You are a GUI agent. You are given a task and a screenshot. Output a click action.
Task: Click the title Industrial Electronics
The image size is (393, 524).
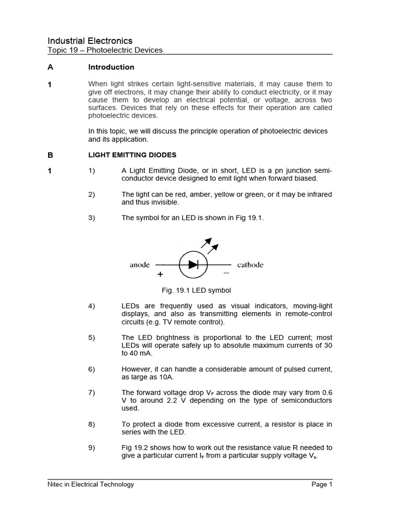(90, 40)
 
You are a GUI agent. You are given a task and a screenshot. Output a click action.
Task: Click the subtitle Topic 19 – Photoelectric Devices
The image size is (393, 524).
(105, 50)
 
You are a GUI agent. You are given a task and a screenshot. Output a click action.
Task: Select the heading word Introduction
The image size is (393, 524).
(111, 67)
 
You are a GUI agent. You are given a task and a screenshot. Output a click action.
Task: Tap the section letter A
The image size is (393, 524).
(50, 67)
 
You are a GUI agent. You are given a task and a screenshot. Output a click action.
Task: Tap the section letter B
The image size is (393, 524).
(50, 155)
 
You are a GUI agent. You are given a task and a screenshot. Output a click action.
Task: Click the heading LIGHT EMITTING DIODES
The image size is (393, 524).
(133, 155)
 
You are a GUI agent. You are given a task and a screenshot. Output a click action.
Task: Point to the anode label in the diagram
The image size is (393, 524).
(140, 265)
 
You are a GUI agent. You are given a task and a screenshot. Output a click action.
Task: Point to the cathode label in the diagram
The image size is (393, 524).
(250, 265)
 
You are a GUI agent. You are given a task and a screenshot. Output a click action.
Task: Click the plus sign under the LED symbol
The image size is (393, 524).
(160, 274)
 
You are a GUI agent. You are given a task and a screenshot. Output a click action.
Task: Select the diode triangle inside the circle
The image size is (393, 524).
(192, 265)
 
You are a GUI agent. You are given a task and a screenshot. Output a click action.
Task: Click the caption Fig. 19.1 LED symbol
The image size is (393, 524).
(196, 290)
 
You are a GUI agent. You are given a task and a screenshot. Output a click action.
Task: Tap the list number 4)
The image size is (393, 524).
(92, 306)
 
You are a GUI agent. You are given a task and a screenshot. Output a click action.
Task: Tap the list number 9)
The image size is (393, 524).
(92, 447)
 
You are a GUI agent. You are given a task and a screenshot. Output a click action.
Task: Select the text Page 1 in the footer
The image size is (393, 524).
(322, 484)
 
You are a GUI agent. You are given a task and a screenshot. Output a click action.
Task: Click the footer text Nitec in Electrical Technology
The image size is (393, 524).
(91, 484)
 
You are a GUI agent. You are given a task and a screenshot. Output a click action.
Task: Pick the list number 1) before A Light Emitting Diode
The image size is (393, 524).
(92, 171)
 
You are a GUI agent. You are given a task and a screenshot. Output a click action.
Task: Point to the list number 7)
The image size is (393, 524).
(92, 392)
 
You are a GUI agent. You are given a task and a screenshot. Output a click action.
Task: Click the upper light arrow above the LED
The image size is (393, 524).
(207, 242)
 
